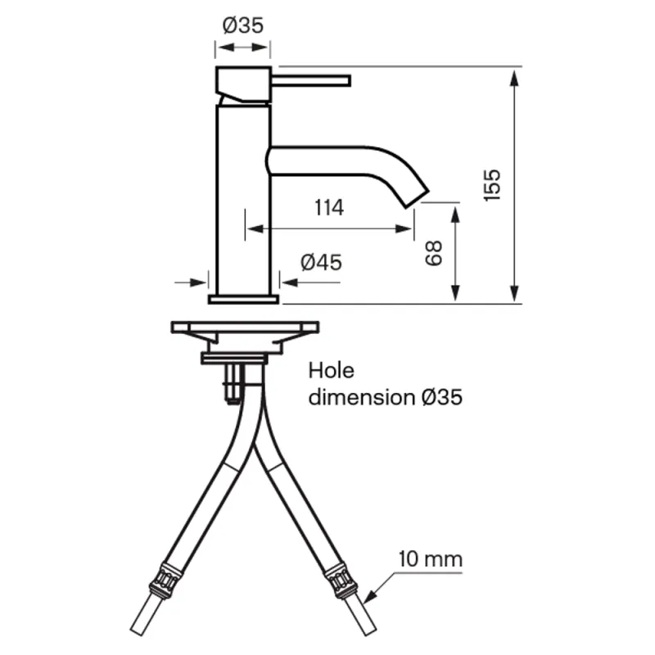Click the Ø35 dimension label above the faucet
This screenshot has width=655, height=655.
tap(242, 25)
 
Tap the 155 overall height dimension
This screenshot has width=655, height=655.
tap(492, 185)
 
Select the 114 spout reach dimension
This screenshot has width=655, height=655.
tap(329, 208)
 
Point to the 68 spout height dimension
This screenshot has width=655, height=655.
tap(434, 253)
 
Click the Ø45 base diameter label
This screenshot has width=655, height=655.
tap(321, 262)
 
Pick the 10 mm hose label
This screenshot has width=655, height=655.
tap(431, 559)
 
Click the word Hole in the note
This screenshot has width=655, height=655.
tap(332, 371)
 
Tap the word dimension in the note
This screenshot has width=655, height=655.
tap(362, 396)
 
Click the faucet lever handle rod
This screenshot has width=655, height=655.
tap(311, 80)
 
